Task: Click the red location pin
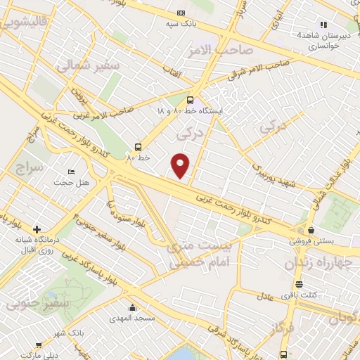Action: (x=181, y=165)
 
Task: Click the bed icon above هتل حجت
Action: (x=71, y=172)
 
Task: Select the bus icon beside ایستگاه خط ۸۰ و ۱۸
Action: (x=190, y=100)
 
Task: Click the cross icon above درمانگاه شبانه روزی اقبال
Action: (x=37, y=229)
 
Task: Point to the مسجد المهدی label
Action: (x=133, y=319)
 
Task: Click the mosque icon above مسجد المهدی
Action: (x=132, y=308)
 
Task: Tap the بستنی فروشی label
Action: (x=309, y=240)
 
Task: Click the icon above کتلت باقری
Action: (x=300, y=284)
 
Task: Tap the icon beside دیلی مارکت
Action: (x=38, y=345)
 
